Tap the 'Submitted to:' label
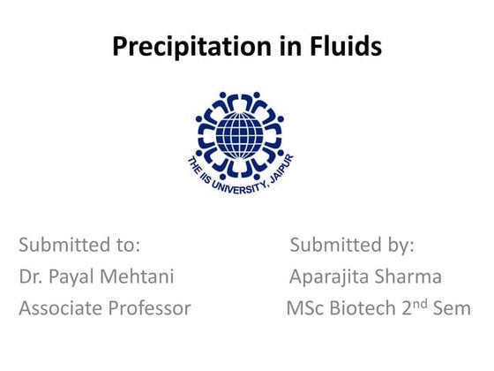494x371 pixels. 79,245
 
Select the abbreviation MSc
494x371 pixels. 304,309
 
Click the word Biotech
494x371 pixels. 363,309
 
